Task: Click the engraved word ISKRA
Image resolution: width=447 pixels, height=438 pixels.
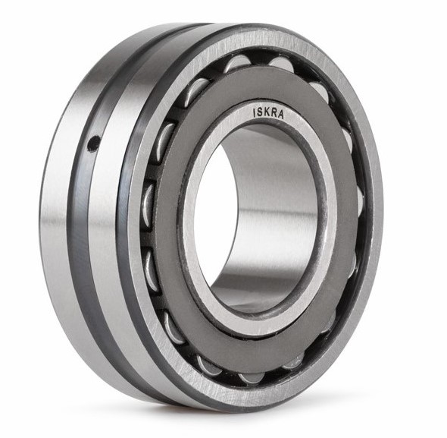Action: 268,113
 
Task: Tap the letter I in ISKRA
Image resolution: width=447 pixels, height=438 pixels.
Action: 255,112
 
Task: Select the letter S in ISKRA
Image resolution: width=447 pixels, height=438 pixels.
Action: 260,112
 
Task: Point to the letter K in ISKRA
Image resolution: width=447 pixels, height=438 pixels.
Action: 267,112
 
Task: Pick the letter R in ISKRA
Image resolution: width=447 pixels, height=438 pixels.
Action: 274,113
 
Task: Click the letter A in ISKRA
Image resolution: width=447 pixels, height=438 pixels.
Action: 281,115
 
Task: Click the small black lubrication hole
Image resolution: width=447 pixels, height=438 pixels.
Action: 93,143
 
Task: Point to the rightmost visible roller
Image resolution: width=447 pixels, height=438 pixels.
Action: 360,200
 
